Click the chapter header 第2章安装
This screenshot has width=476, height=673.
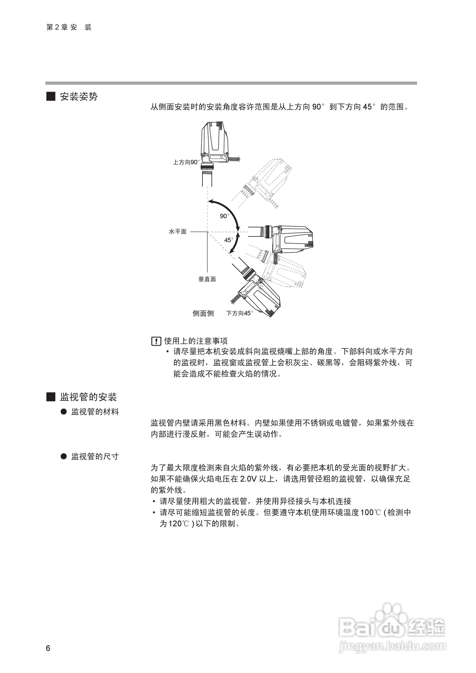point(69,27)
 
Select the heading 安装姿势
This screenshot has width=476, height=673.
point(79,97)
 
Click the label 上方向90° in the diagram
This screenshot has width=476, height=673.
point(186,162)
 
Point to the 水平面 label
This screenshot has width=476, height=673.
point(178,232)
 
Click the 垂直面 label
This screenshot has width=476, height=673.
point(207,279)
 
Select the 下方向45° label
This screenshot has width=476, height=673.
point(239,313)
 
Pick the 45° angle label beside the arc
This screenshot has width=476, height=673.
point(229,240)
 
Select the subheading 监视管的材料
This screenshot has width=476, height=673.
point(95,412)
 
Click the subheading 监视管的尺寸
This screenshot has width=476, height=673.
point(95,456)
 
